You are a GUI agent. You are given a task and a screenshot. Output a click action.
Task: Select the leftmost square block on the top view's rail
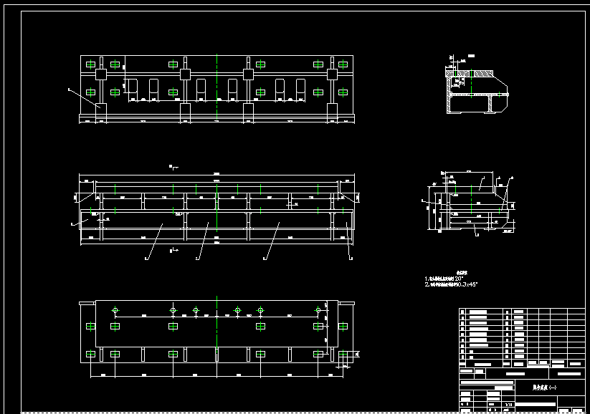pyautogui.click(x=100, y=74)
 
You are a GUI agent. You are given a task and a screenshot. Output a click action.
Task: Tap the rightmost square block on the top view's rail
pyautogui.click(x=333, y=74)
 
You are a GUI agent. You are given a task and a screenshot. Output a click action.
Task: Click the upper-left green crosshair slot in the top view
pyautogui.click(x=90, y=64)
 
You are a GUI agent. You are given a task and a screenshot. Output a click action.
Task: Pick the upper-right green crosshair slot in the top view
pyautogui.click(x=342, y=64)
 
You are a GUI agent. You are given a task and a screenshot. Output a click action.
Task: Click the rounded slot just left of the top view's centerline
pyautogui.click(x=201, y=87)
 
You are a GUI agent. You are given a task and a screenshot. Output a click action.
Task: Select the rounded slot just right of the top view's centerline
pyautogui.click(x=232, y=87)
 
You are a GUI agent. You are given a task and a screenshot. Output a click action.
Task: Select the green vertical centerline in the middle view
pyautogui.click(x=217, y=215)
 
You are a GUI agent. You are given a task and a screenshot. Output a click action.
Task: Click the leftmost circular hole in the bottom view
pyautogui.click(x=115, y=310)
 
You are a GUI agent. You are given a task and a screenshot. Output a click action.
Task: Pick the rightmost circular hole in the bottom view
pyautogui.click(x=318, y=310)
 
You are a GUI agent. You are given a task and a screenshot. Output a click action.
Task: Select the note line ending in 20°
pyautogui.click(x=449, y=279)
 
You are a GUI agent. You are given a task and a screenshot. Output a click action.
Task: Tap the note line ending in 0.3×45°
pyautogui.click(x=451, y=284)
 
